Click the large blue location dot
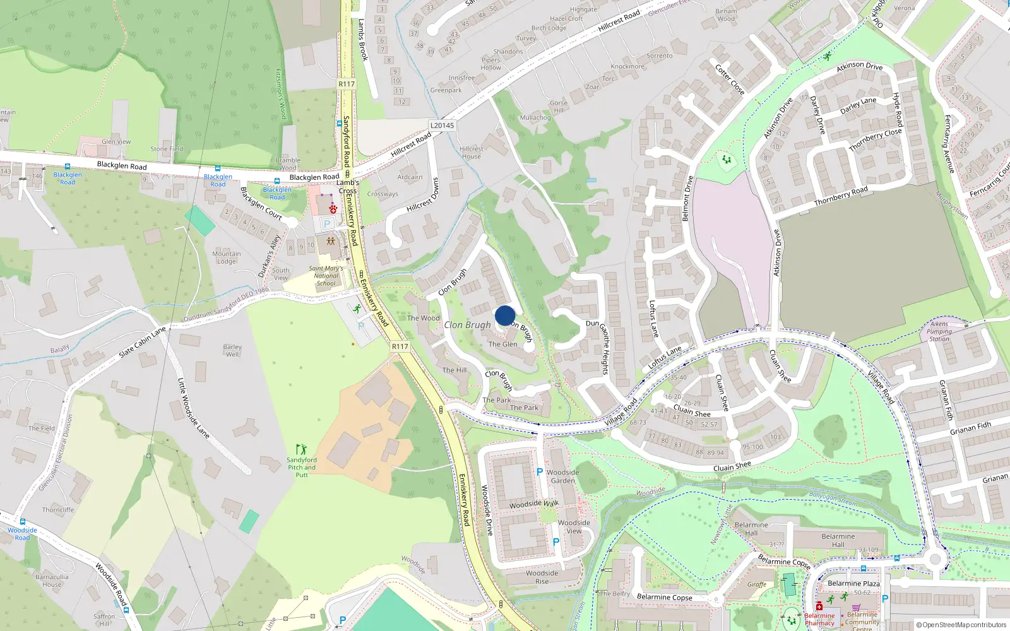505,315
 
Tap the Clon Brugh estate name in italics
467,325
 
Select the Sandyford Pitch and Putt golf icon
302,449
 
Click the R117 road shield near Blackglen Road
347,84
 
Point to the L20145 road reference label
442,125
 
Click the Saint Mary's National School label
326,276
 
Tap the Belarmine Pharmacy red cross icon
819,606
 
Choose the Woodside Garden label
562,476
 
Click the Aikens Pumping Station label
939,331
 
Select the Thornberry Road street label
841,196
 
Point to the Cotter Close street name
730,79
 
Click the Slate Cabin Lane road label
143,342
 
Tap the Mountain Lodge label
227,257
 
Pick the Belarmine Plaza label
853,584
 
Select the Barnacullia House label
52,581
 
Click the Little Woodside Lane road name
193,408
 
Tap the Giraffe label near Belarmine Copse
757,585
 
